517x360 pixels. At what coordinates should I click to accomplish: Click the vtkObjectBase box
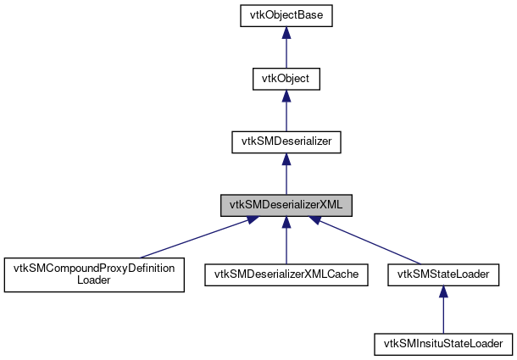click(x=286, y=15)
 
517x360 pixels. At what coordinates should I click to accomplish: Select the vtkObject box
click(x=286, y=79)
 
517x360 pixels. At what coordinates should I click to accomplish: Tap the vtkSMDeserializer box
click(x=286, y=142)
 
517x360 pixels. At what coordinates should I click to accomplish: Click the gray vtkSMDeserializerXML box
click(x=286, y=206)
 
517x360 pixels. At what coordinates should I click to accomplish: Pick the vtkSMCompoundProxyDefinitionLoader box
click(x=94, y=275)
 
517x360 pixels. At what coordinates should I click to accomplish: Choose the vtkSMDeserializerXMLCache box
click(x=286, y=274)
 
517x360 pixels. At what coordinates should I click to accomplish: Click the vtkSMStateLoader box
click(x=443, y=274)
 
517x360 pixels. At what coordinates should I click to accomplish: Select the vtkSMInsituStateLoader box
click(x=443, y=344)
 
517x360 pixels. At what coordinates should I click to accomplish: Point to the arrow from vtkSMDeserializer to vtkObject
click(x=286, y=114)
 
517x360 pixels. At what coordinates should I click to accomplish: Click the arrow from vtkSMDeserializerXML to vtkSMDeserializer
click(x=286, y=178)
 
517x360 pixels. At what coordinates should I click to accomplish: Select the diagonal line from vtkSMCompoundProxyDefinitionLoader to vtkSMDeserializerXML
click(x=195, y=237)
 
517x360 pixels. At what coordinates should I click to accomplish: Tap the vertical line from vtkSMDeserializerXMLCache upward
click(x=286, y=246)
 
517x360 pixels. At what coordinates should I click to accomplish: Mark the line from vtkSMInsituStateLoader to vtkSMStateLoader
click(x=443, y=313)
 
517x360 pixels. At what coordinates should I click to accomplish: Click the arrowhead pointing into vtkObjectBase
click(x=286, y=32)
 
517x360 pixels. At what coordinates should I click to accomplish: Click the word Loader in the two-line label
click(x=94, y=282)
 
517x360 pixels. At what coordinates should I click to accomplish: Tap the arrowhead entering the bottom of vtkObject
click(x=286, y=96)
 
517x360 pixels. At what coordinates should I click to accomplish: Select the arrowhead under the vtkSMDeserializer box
click(x=286, y=159)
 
